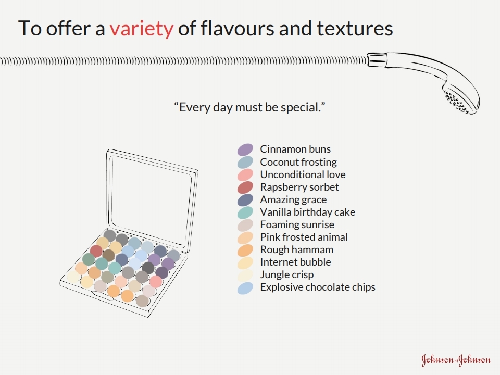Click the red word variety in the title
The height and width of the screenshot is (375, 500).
(x=142, y=28)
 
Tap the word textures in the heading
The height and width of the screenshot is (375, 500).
(x=355, y=28)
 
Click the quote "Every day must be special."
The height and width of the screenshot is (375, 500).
(x=249, y=107)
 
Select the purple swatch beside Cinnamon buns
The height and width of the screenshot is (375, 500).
(x=245, y=149)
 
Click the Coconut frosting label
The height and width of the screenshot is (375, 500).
(x=298, y=162)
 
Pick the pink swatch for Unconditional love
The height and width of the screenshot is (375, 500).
(x=245, y=175)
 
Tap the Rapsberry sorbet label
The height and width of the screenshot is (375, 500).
(x=299, y=187)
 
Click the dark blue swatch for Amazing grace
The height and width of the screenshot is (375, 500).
(x=245, y=200)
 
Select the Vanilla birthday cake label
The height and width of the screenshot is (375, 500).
(x=308, y=212)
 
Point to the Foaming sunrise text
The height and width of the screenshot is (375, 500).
(x=297, y=224)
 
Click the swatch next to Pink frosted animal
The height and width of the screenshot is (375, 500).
(x=245, y=238)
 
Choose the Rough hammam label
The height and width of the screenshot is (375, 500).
(x=297, y=249)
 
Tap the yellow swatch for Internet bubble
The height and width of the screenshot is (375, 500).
(x=245, y=262)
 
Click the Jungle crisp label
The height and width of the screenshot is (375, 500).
(x=287, y=274)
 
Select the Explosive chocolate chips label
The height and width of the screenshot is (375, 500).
(x=318, y=287)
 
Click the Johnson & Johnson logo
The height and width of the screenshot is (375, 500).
(x=456, y=360)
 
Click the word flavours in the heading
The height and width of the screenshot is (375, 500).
(x=238, y=28)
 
